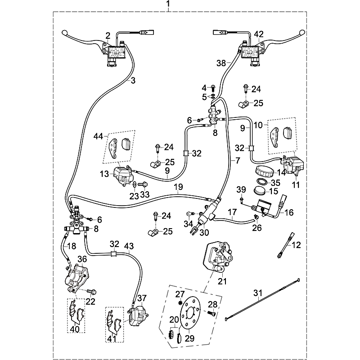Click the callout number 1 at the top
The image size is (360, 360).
pos(168,4)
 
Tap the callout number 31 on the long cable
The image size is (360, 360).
pos(257,293)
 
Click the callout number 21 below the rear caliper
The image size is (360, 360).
pos(222,281)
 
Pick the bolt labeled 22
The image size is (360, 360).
pos(92,292)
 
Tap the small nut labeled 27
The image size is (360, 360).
pos(180,302)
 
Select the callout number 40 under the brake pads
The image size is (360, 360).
pos(75,329)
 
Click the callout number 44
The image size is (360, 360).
pos(98,136)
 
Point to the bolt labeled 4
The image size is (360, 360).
pos(212,88)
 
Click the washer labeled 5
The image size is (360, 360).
pos(213,97)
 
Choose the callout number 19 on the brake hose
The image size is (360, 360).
pos(178,187)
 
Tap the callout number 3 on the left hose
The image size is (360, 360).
pos(133,81)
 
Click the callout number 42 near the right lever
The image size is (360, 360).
pos(259,34)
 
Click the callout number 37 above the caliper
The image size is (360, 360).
pos(142,298)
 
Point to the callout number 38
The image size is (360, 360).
pos(221,63)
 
